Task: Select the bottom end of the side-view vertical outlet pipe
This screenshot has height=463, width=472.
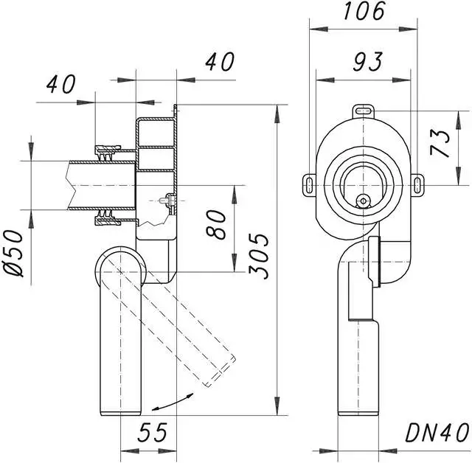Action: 120,410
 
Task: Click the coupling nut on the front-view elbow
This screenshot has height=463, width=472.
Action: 375,263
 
